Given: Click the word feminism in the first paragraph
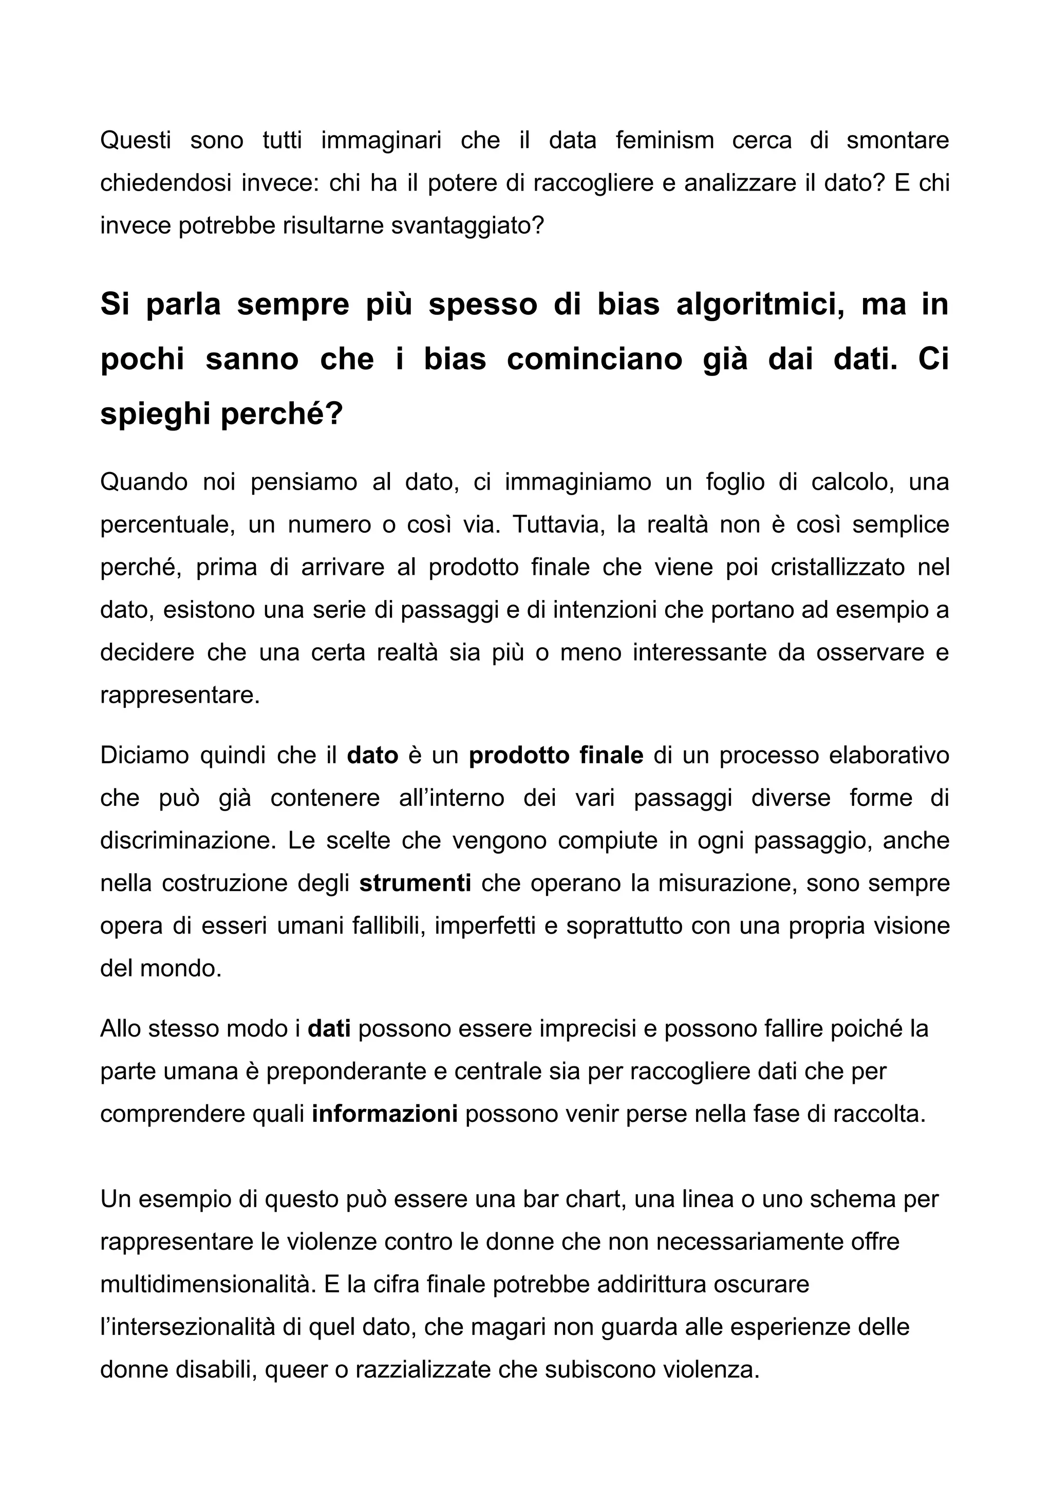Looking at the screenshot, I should click(x=664, y=141).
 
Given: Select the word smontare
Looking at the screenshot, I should click(x=897, y=141).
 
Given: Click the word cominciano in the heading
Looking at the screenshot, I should click(x=594, y=360).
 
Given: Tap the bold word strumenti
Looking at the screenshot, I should click(x=415, y=883).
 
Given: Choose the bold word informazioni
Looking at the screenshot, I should click(x=385, y=1114).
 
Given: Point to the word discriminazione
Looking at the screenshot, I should click(x=189, y=841).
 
